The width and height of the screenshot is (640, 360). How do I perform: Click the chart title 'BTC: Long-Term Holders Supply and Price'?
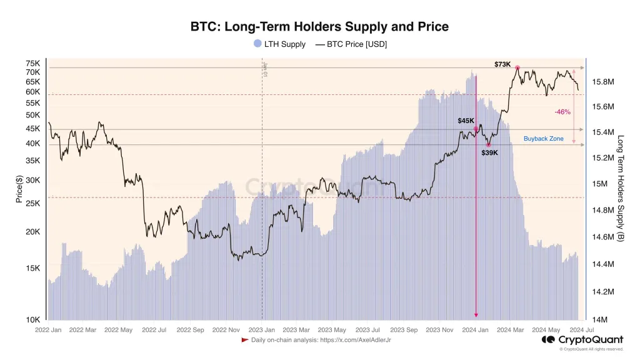319,27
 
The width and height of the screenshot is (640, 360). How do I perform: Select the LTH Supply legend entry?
279,44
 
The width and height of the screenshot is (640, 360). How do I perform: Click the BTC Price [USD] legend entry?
351,44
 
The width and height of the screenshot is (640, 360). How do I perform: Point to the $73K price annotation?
502,64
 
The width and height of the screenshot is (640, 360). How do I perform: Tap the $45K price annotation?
466,121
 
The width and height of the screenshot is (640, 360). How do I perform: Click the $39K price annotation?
489,152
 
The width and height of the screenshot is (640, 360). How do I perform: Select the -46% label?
562,112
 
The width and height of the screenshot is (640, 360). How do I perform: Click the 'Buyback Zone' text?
543,139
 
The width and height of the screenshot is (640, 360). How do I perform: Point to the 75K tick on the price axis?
32,64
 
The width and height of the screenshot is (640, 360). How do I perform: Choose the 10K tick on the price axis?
32,320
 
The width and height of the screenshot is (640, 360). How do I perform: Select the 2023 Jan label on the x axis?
261,329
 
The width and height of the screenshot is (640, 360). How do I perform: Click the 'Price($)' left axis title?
19,189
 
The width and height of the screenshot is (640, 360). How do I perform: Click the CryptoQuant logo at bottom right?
582,339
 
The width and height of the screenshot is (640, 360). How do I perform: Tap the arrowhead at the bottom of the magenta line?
476,316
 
